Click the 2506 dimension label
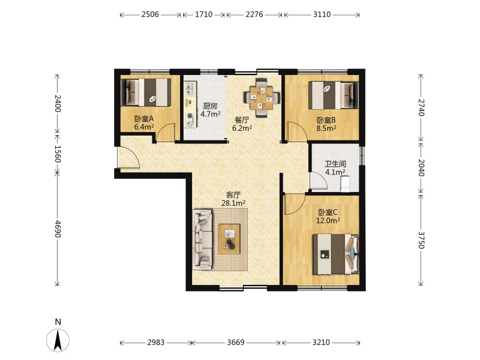pyautogui.click(x=150, y=14)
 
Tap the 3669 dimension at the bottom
pyautogui.click(x=236, y=342)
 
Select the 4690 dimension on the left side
pyautogui.click(x=58, y=229)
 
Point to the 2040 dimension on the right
pyautogui.click(x=421, y=167)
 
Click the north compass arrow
pyautogui.click(x=58, y=340)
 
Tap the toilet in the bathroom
pyautogui.click(x=345, y=184)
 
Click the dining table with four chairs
pyautogui.click(x=262, y=98)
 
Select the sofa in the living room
pyautogui.click(x=202, y=239)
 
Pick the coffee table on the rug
pyautogui.click(x=229, y=239)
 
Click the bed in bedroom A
pyautogui.click(x=146, y=92)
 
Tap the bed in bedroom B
pyautogui.click(x=333, y=95)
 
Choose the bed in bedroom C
pyautogui.click(x=336, y=254)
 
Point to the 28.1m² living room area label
pyautogui.click(x=233, y=203)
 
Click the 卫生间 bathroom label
pyautogui.click(x=335, y=164)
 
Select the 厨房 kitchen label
pyautogui.click(x=211, y=106)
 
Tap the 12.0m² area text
pyautogui.click(x=328, y=220)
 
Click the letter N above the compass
pyautogui.click(x=58, y=322)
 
